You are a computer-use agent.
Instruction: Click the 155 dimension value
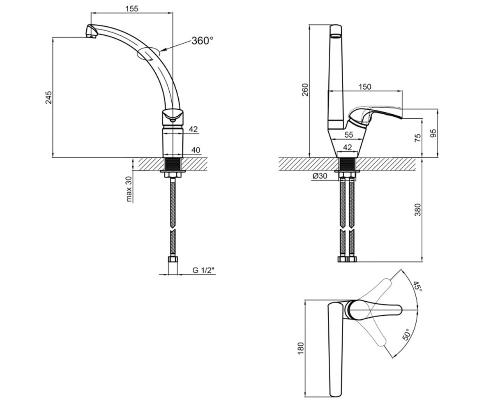(132, 9)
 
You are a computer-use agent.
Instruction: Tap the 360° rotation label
(203, 41)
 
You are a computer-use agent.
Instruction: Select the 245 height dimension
(48, 97)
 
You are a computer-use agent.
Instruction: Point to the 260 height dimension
(306, 90)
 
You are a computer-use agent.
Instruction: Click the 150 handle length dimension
(365, 87)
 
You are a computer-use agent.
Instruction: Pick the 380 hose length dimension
(418, 210)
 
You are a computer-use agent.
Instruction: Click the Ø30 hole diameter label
(320, 176)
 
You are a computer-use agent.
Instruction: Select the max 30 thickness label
(129, 189)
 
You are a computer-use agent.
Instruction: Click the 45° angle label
(417, 286)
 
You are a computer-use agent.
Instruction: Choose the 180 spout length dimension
(301, 349)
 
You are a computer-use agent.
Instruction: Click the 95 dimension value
(433, 133)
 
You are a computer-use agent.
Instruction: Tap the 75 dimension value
(418, 138)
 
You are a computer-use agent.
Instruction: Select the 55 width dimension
(349, 135)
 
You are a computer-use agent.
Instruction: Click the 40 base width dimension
(196, 150)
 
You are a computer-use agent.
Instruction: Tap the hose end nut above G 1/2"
(173, 259)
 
